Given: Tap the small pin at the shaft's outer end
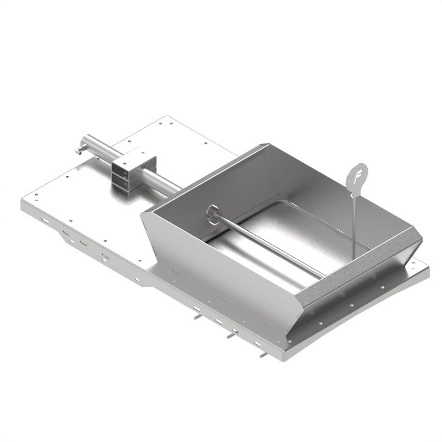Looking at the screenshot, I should click(x=78, y=149).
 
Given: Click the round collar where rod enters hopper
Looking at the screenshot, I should click(x=213, y=214).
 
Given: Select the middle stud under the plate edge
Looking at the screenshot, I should click(x=230, y=335).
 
